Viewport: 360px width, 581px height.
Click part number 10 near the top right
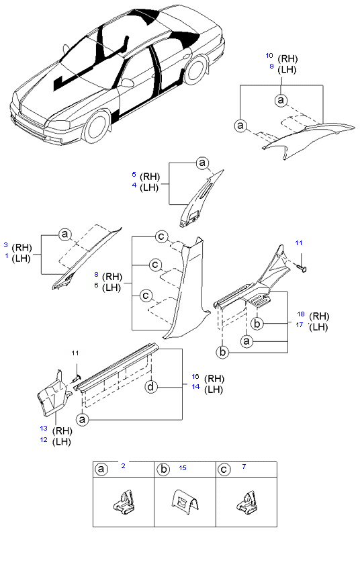[x=269, y=56]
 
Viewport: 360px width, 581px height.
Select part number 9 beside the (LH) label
[x=271, y=66]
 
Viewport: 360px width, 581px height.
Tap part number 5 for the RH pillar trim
[x=134, y=174]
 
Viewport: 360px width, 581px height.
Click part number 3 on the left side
[x=6, y=245]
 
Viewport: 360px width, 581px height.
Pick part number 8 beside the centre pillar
[x=96, y=275]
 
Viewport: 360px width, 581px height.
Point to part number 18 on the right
[x=301, y=314]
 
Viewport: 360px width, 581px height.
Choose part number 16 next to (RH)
[x=195, y=376]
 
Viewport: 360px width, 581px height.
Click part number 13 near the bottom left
[x=44, y=429]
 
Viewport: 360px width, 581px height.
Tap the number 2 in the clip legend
[x=124, y=465]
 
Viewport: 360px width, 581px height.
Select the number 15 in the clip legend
[x=183, y=468]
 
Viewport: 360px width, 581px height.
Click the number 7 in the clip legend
[x=244, y=467]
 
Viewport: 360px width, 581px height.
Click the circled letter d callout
[x=150, y=387]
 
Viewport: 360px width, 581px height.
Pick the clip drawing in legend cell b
[x=185, y=503]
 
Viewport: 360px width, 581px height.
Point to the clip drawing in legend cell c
[x=246, y=502]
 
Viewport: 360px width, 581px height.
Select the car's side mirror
[x=127, y=82]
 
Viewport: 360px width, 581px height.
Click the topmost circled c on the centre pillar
[x=161, y=236]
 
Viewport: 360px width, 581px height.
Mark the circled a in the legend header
[x=101, y=470]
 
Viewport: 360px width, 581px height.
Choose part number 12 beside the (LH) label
[x=44, y=439]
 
